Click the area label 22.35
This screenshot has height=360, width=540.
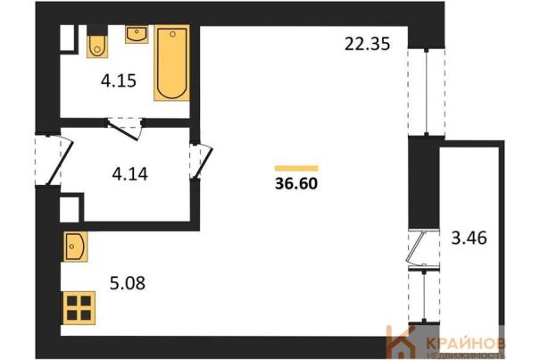368,45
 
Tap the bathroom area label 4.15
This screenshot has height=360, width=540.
119,80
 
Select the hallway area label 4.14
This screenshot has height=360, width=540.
129,174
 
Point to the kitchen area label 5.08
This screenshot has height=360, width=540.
128,283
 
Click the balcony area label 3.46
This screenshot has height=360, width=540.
469,238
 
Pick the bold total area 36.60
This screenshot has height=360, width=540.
296,183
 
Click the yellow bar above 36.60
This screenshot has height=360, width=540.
296,168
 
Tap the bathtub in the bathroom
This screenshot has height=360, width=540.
172,63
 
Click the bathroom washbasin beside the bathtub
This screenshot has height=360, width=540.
137,34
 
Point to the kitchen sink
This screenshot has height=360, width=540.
75,247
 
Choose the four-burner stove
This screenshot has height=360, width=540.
79,308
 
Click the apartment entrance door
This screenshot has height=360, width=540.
54,160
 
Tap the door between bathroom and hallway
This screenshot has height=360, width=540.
125,129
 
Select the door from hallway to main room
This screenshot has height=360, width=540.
201,162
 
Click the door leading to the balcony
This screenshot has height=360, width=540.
423,248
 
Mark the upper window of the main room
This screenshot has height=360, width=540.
427,91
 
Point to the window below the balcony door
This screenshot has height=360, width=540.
424,296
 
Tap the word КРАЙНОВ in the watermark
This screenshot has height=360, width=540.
466,343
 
